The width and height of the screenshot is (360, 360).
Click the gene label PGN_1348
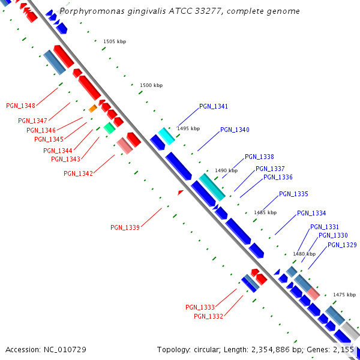(x=21, y=106)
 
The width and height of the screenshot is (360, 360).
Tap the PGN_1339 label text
(x=125, y=227)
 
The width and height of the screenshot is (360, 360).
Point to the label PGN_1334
(x=311, y=214)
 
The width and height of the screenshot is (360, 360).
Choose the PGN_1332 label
(x=208, y=316)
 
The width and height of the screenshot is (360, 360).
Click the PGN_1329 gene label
(x=342, y=245)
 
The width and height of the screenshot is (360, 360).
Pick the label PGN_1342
(x=79, y=174)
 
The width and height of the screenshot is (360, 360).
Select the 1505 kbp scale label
(x=115, y=42)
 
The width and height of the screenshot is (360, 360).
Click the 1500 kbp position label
(x=151, y=86)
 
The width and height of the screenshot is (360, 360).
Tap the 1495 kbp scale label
(x=188, y=129)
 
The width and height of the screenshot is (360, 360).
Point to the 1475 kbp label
(x=344, y=295)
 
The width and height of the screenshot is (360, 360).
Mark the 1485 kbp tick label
(x=265, y=212)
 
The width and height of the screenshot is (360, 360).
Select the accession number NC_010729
(x=65, y=349)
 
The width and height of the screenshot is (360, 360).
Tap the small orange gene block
(x=92, y=109)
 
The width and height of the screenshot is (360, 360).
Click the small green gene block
(x=109, y=127)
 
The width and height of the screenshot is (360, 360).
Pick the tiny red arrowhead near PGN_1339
(x=180, y=192)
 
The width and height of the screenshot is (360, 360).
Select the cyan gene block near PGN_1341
(x=166, y=136)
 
